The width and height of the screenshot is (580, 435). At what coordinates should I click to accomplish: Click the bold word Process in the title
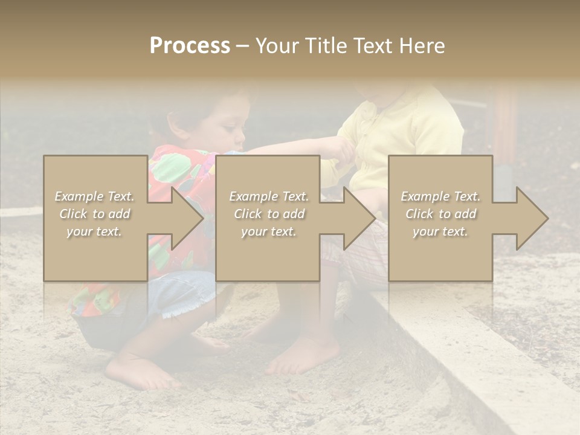(x=190, y=46)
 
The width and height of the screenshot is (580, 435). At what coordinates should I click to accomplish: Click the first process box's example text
(x=94, y=214)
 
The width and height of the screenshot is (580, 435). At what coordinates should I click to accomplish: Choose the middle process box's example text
(x=268, y=214)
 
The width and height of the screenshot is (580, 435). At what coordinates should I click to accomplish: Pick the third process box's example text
(x=440, y=214)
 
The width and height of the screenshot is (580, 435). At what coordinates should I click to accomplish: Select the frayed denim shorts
(x=181, y=296)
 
